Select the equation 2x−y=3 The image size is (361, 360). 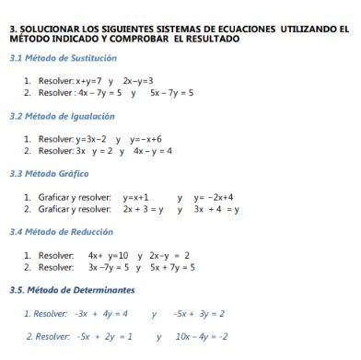tap(138, 81)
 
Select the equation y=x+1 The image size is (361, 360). tap(135, 196)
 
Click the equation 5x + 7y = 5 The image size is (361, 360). tap(171, 267)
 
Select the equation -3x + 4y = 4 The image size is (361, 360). tap(102, 313)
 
